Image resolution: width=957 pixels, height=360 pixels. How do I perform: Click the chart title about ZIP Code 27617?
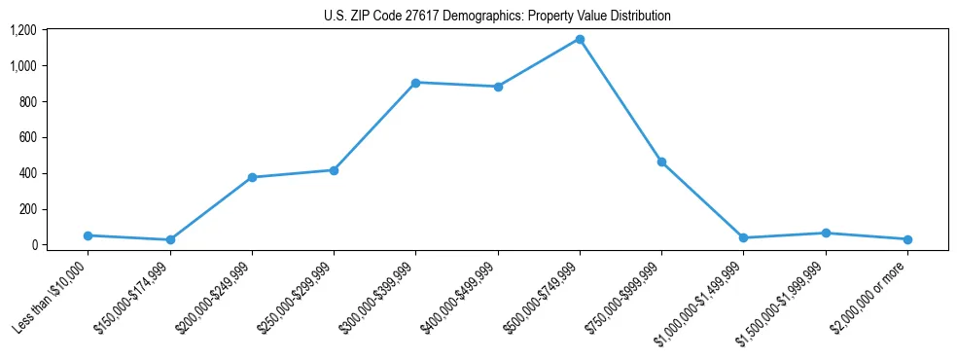point(497,16)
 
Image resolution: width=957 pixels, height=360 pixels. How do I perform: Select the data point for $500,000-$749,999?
point(580,39)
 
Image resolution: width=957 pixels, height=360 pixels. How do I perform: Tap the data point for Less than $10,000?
point(89,235)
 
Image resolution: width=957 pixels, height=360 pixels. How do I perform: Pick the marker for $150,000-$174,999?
point(170,239)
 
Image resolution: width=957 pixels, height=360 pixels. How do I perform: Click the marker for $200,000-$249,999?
point(252,177)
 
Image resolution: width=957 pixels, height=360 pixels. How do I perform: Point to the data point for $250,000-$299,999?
point(334,170)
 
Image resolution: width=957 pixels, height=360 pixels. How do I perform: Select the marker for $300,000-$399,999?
point(415,83)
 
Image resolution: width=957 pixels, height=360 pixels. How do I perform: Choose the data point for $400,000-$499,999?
point(498,87)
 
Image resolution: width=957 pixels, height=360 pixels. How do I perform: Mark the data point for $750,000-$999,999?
point(661,162)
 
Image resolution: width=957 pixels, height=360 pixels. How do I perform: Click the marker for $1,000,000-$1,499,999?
point(743,237)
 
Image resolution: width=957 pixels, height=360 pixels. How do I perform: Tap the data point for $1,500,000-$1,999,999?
point(826,233)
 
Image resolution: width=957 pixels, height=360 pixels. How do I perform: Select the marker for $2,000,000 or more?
point(907,239)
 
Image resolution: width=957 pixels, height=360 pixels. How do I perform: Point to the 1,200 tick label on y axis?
point(22,30)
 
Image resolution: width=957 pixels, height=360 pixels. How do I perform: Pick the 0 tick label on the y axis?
point(32,245)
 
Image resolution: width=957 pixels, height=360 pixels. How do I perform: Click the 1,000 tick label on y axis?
point(22,66)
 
